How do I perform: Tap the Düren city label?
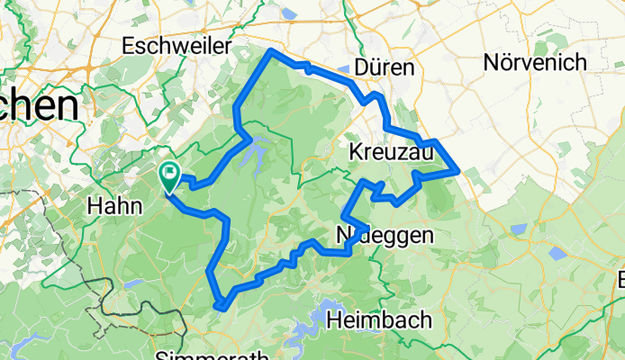[385, 68]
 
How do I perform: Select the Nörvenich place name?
[535, 63]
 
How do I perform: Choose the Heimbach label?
[379, 319]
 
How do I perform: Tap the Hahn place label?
[112, 206]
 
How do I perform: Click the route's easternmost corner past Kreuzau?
[460, 169]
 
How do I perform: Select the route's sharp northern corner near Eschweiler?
[271, 51]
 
